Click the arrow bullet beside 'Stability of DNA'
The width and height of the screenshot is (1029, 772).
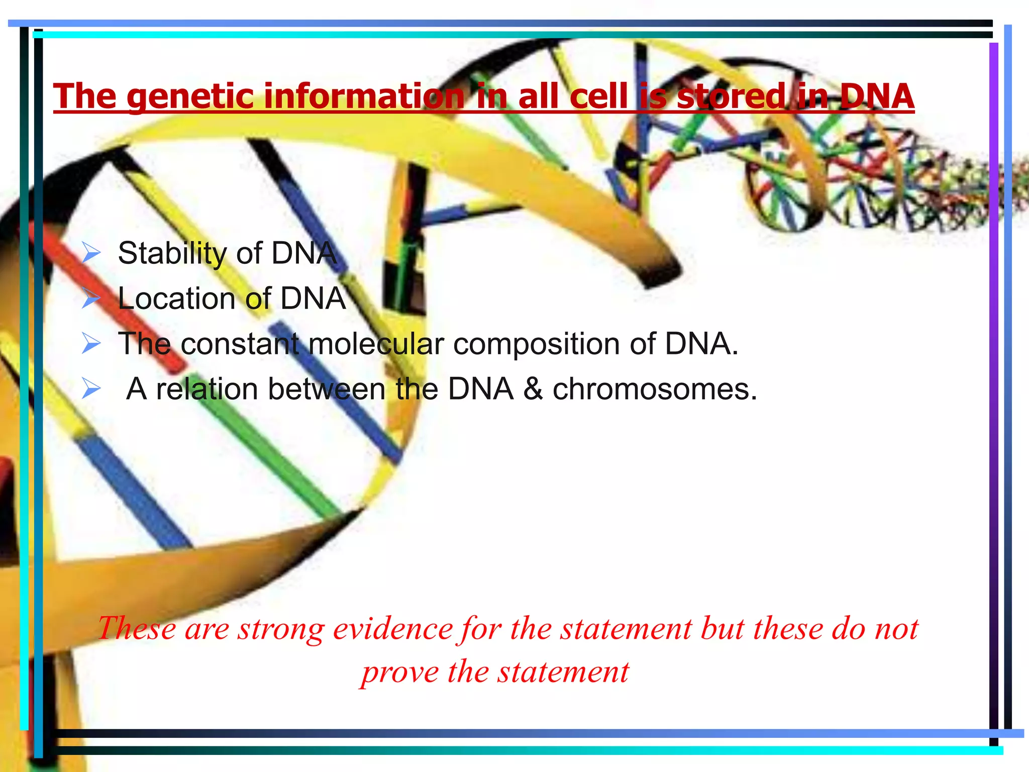(x=91, y=253)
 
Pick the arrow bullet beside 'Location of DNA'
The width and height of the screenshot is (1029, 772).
(x=91, y=299)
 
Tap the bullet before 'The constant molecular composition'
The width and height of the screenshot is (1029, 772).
(x=91, y=344)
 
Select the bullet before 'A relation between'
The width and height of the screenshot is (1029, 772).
(x=91, y=389)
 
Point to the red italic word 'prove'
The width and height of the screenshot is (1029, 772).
(x=400, y=672)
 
